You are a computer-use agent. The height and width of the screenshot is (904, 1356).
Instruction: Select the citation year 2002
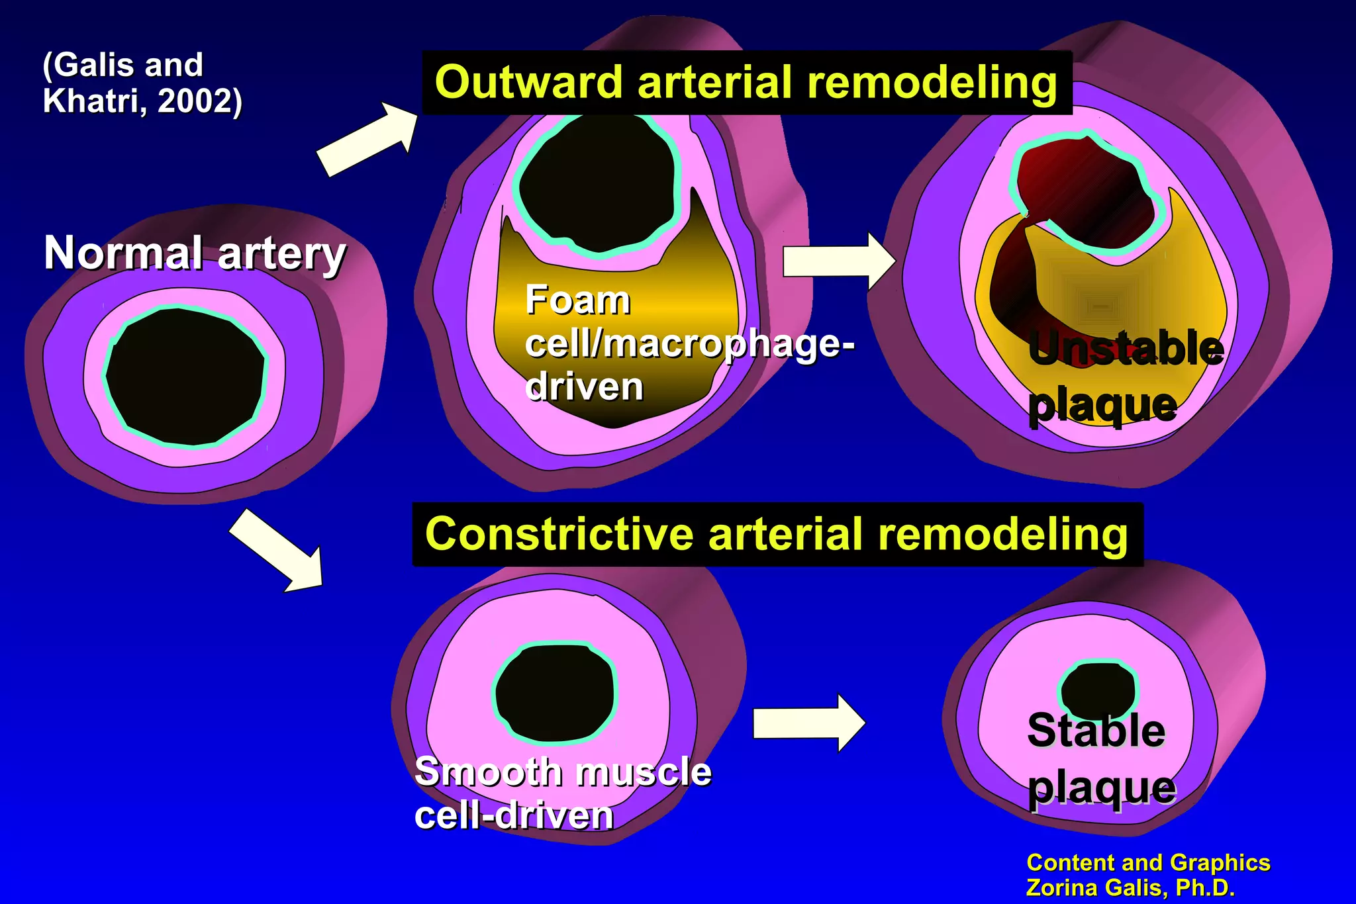point(194,101)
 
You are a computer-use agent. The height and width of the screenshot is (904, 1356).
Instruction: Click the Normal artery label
point(195,253)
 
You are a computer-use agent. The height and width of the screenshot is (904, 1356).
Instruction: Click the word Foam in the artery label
point(577,300)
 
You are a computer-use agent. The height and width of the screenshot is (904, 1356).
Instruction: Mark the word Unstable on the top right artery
point(1126,349)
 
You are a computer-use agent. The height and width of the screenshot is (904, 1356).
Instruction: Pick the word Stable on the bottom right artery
point(1096,731)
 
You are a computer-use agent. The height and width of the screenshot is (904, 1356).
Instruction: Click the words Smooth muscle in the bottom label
point(562,772)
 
